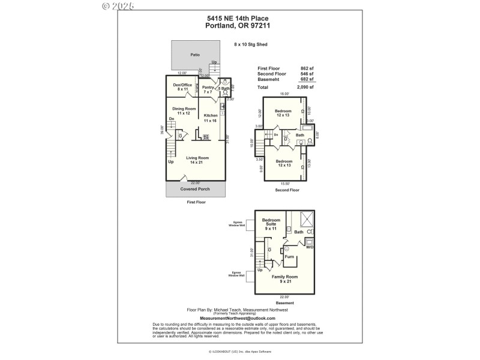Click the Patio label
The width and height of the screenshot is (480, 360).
point(195,55)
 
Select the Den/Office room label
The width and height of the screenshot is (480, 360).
point(182,87)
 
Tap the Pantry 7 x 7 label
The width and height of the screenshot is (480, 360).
point(208,90)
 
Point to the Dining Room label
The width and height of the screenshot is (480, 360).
point(184,111)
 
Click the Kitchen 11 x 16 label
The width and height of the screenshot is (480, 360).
point(211,118)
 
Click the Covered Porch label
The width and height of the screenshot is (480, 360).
point(195,189)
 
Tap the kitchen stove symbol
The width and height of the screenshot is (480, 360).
point(206,137)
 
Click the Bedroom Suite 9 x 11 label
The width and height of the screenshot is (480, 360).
point(272,224)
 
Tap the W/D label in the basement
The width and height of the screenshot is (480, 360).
point(310,247)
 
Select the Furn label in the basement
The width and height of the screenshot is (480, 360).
point(289,256)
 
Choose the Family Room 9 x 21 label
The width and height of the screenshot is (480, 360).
point(285,279)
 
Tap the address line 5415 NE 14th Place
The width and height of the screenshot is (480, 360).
point(239,19)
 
